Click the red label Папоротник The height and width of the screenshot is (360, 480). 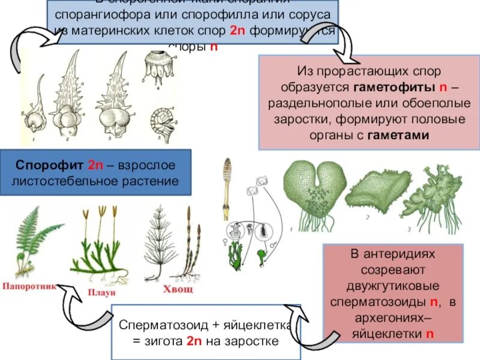click(x=30, y=286)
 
